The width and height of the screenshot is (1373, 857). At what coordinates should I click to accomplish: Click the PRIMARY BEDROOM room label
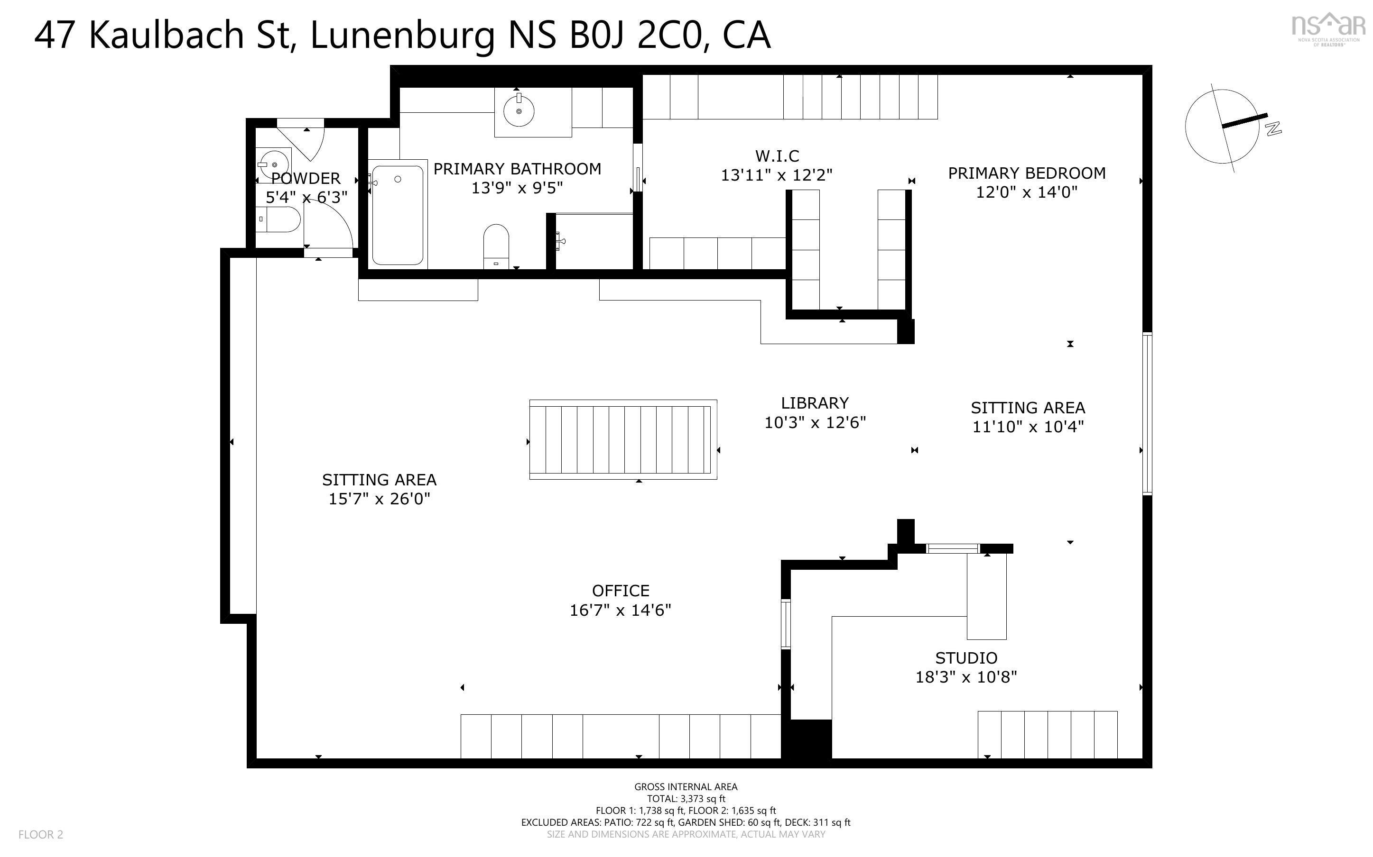tap(1027, 173)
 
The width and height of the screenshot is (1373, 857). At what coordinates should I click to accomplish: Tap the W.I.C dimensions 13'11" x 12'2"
tap(776, 175)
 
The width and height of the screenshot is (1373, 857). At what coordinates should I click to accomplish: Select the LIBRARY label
tap(815, 403)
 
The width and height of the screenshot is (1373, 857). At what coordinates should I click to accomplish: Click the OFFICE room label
tap(621, 591)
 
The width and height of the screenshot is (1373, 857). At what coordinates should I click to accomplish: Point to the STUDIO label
tap(966, 658)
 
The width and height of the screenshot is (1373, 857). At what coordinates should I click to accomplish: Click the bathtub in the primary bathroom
tap(397, 215)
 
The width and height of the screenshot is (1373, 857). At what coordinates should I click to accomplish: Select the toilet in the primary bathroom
tap(496, 245)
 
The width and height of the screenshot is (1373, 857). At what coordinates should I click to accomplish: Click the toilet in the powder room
tap(278, 219)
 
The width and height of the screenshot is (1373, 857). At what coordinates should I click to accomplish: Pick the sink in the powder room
tap(273, 164)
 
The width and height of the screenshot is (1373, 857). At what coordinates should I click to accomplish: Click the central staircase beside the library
tap(623, 439)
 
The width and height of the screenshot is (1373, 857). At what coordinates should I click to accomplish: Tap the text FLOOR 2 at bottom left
tap(41, 834)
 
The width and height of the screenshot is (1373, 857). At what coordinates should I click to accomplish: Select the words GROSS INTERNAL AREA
tap(686, 787)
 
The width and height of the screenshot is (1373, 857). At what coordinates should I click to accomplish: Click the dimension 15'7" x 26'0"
tap(380, 499)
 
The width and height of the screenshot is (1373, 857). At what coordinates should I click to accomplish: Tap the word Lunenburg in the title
tap(403, 35)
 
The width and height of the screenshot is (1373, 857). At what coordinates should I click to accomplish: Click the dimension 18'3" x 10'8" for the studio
tap(966, 677)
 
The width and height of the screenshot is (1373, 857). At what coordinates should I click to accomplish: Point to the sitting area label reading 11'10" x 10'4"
tap(1028, 426)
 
